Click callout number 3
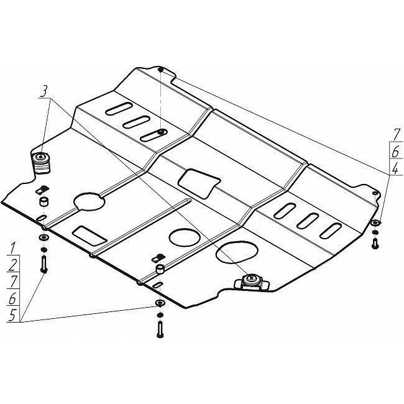click(44, 91)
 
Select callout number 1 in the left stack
click(12, 248)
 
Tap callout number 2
click(12, 265)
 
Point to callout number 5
click(12, 315)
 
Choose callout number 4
click(395, 168)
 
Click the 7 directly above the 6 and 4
click(395, 134)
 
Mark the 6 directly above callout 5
click(12, 298)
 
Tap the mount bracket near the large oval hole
click(252, 282)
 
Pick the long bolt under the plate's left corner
click(44, 264)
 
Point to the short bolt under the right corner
click(375, 244)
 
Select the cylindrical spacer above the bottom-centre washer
click(160, 270)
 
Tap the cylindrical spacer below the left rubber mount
click(44, 202)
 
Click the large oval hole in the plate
click(237, 252)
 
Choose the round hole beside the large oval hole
click(185, 237)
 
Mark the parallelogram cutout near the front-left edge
click(90, 236)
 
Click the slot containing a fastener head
click(154, 135)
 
